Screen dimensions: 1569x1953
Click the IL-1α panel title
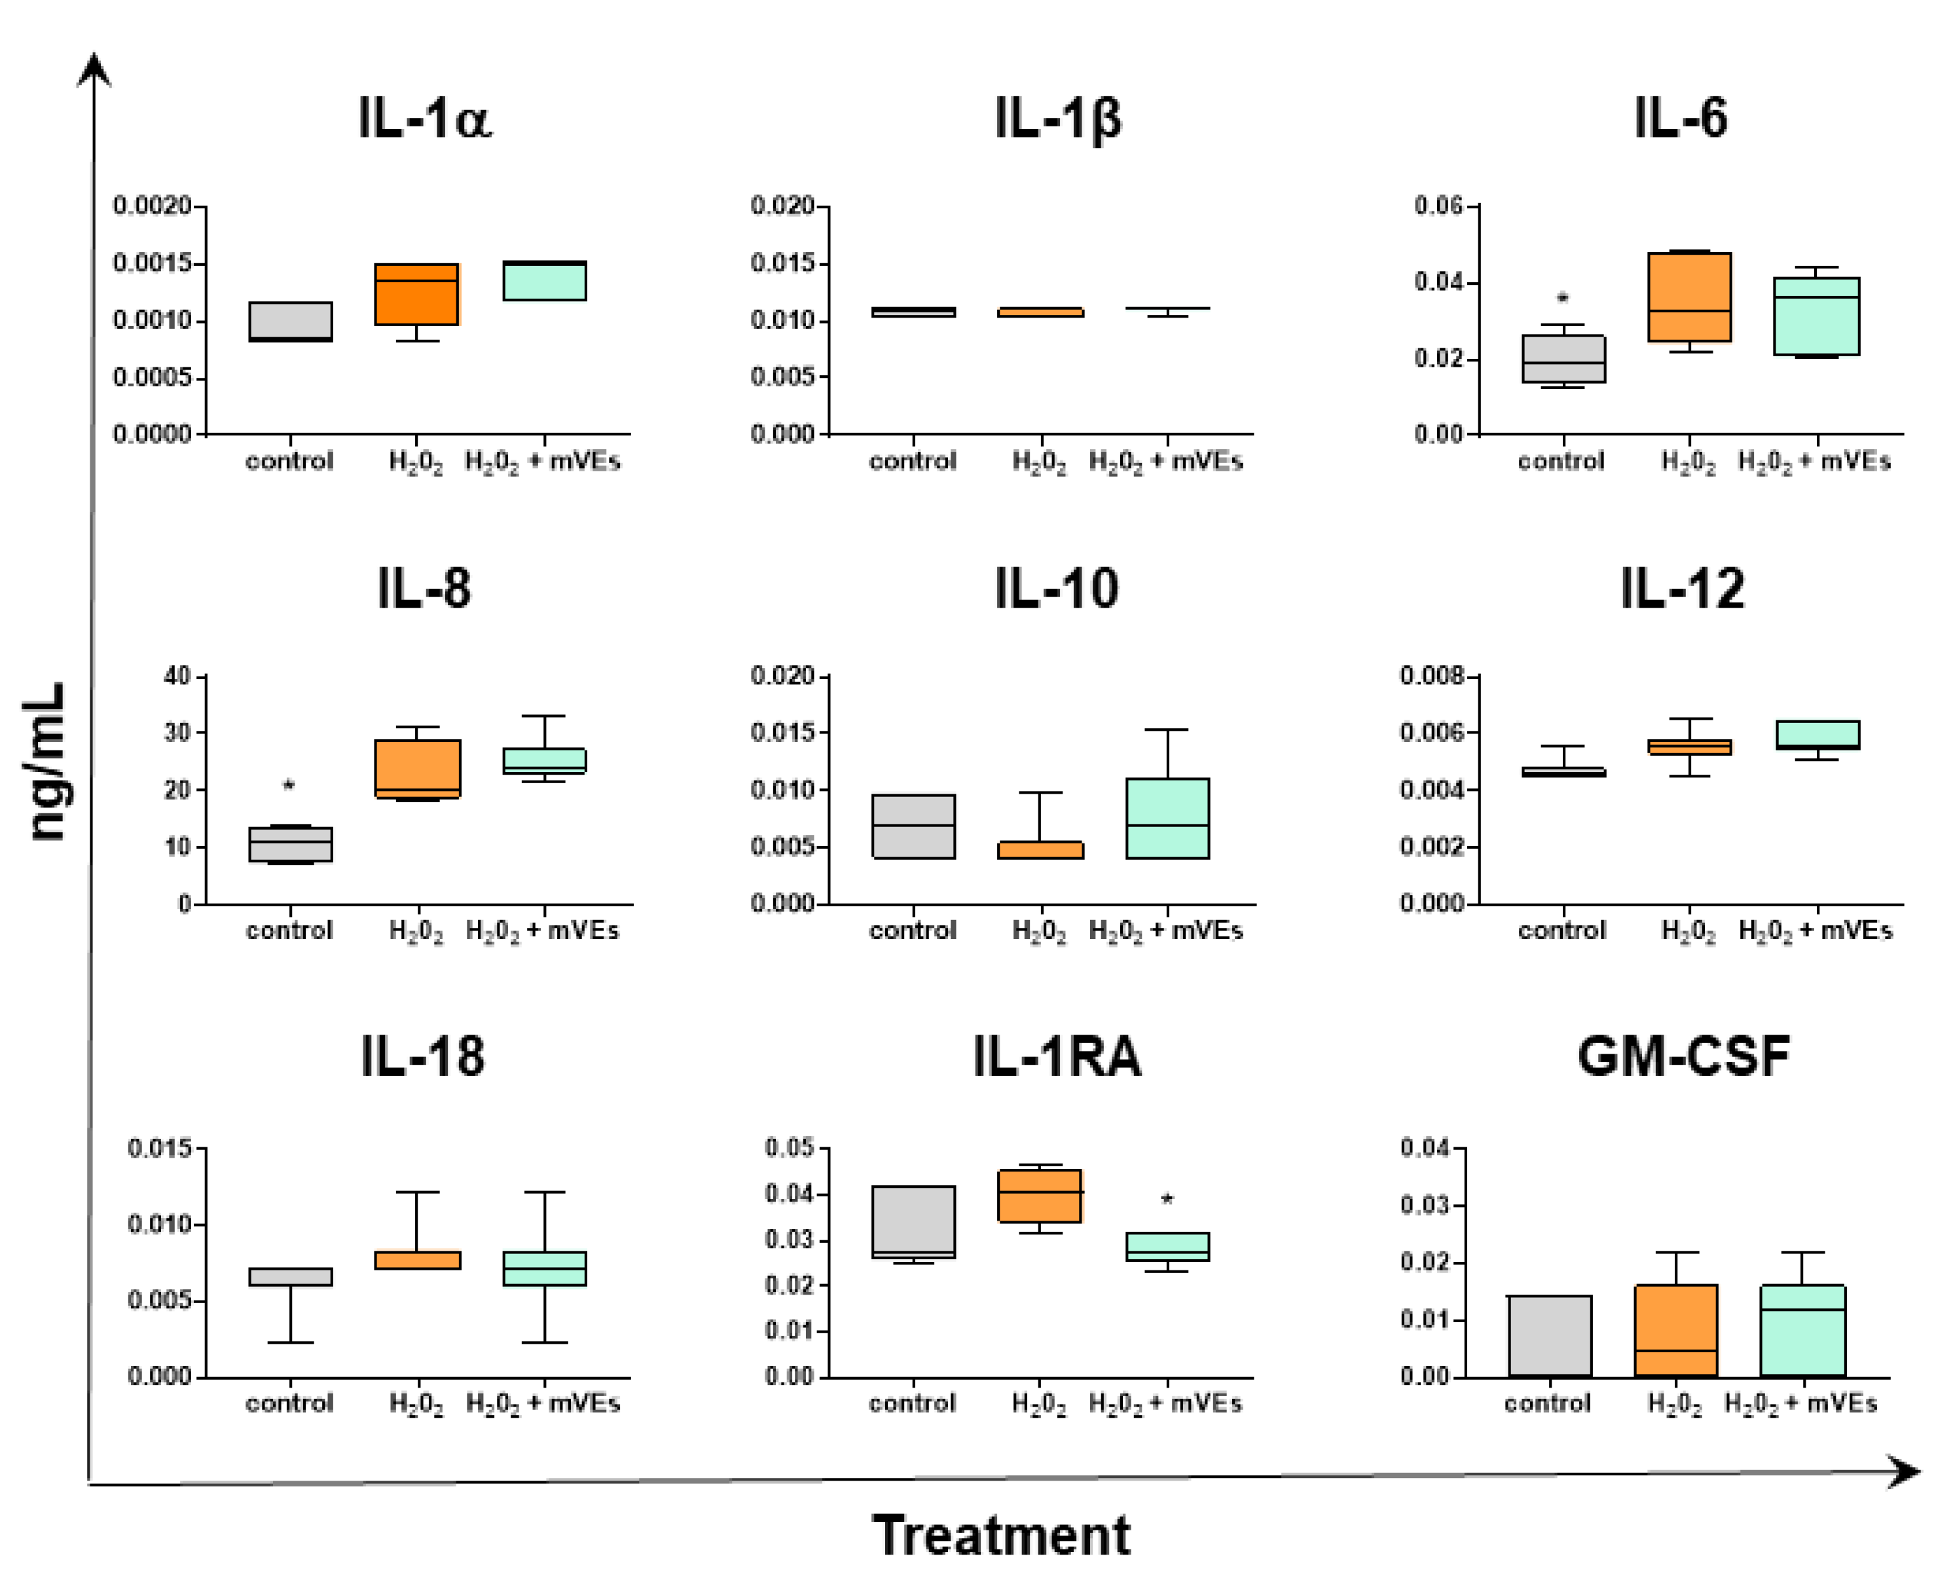(x=424, y=119)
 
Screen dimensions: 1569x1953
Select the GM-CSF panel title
(x=1683, y=1056)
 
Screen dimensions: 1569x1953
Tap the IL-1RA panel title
(x=1056, y=1056)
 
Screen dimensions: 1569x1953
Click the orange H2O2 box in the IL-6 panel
(x=1689, y=297)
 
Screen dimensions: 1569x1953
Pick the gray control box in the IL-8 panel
(x=291, y=843)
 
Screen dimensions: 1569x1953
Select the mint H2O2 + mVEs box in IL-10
(x=1167, y=817)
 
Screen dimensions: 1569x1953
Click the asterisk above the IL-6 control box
(x=1563, y=298)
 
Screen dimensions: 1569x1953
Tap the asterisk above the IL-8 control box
(x=289, y=785)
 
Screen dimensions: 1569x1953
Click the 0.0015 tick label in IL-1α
(x=152, y=264)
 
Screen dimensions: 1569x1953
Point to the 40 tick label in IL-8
(x=177, y=676)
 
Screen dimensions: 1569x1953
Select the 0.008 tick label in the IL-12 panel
(x=1431, y=676)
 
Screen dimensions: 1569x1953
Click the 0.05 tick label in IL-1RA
(x=789, y=1149)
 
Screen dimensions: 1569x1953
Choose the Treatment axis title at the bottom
(x=1001, y=1534)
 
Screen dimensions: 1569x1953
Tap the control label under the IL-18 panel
(x=290, y=1403)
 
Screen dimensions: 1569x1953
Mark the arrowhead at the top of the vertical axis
(x=94, y=70)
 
